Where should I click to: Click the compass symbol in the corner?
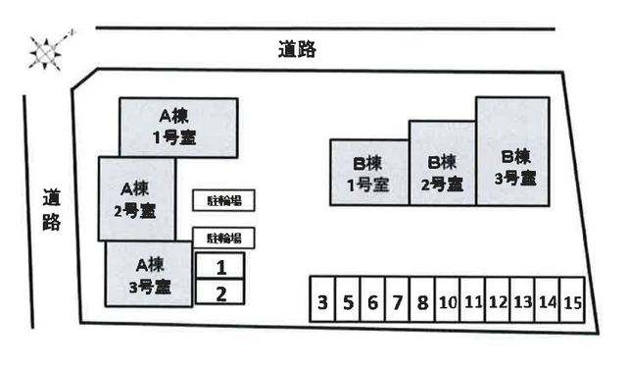click(x=44, y=51)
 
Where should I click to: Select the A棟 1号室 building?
click(x=178, y=127)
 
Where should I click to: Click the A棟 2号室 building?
click(x=137, y=198)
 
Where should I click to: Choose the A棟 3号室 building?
click(x=149, y=274)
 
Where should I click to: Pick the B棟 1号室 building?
click(x=368, y=173)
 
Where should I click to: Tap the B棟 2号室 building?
click(x=442, y=162)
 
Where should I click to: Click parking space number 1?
click(x=220, y=266)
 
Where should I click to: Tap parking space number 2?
click(x=220, y=292)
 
